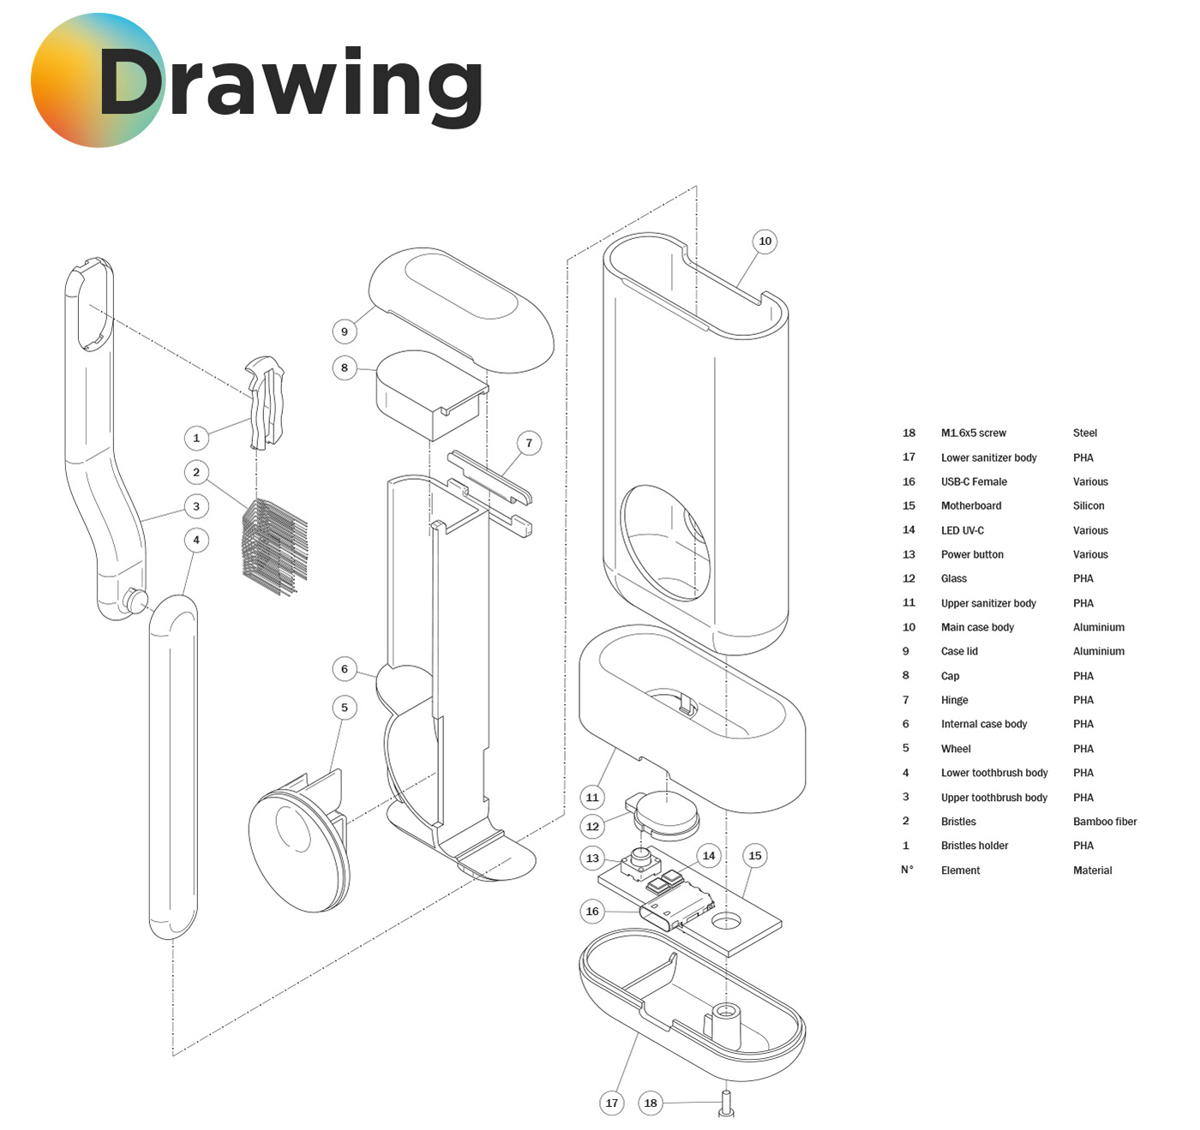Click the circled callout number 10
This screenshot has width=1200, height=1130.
(765, 242)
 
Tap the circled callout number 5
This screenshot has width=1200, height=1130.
(345, 708)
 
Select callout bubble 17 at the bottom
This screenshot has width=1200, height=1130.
(612, 1103)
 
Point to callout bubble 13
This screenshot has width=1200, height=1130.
(592, 858)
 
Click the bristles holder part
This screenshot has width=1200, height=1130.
(266, 403)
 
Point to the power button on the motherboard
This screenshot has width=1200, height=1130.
(639, 859)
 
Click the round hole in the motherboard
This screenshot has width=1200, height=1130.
(726, 921)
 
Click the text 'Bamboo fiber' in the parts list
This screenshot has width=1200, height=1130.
(1104, 822)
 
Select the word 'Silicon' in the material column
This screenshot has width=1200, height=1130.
(1088, 506)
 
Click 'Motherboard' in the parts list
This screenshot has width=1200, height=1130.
(970, 506)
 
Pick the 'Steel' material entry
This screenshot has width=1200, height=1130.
(1084, 433)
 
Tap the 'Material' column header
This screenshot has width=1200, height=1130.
(1092, 870)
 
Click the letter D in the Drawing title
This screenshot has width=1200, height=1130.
(130, 83)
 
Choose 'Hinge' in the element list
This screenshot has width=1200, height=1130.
(954, 700)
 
